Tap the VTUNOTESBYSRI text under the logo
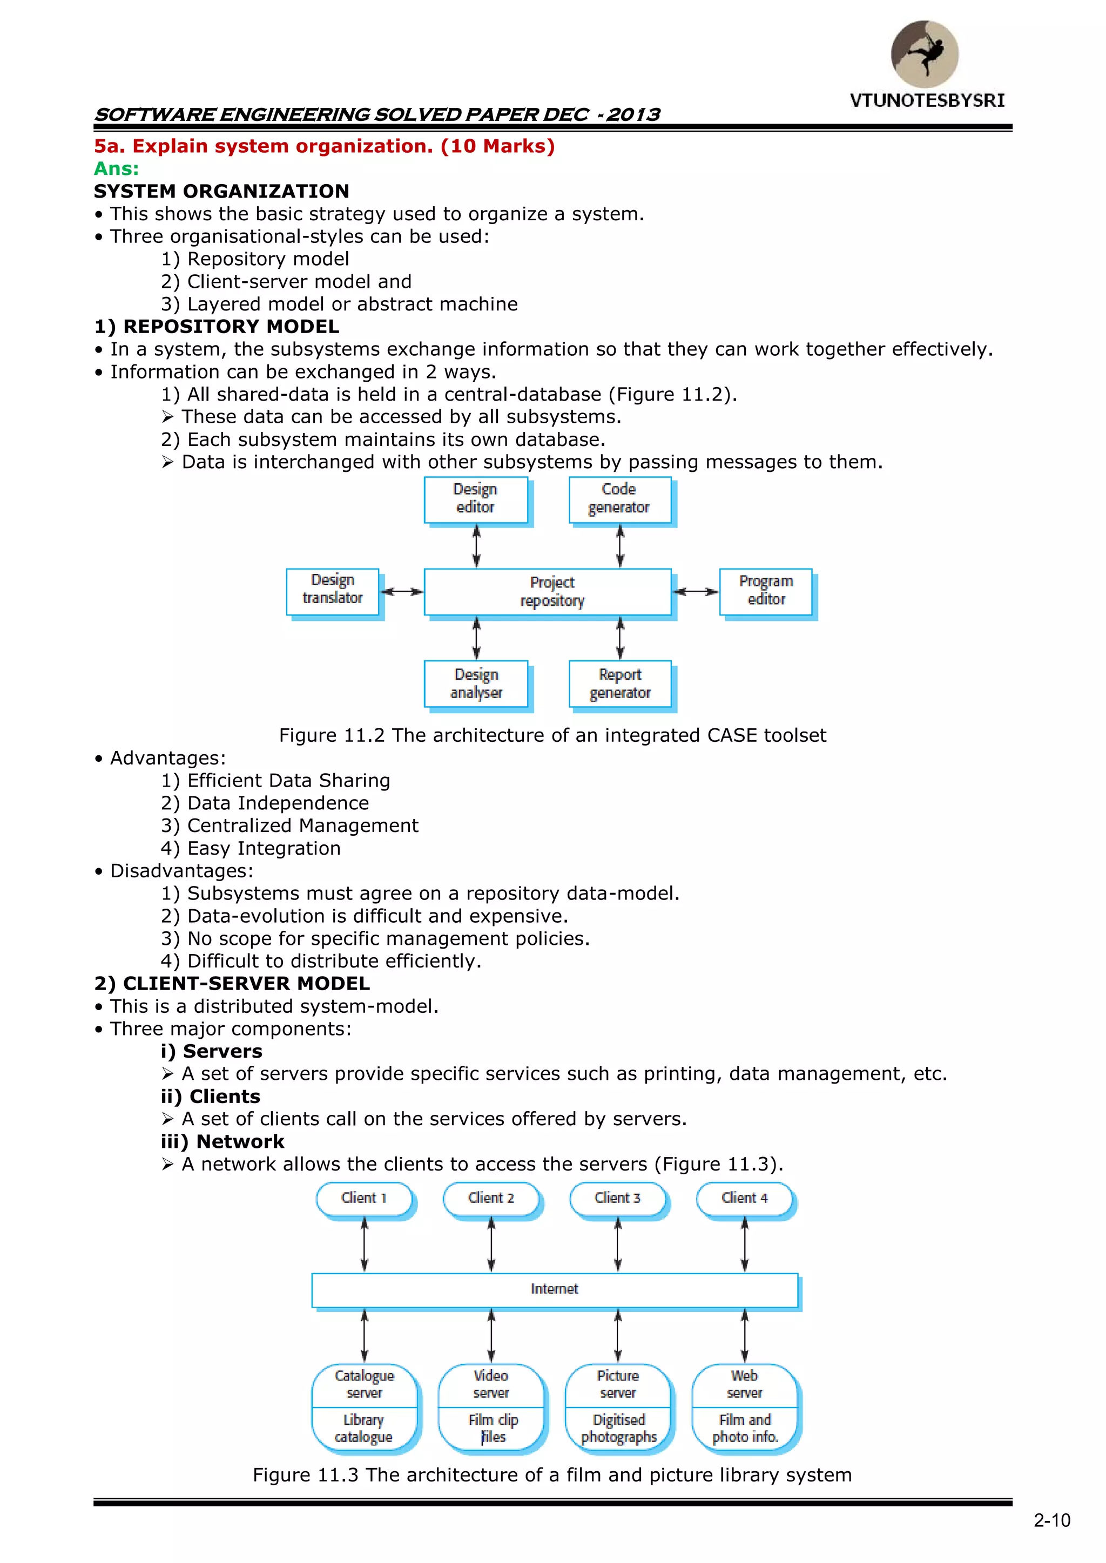tap(927, 101)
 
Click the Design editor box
tap(475, 499)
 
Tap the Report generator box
tap(620, 684)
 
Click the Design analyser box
tap(475, 684)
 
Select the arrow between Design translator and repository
tap(402, 592)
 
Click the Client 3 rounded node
tap(617, 1199)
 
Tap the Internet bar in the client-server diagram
tap(555, 1289)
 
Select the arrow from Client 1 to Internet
tap(365, 1244)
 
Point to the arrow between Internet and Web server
tap(744, 1336)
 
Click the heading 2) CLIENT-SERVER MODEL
tap(232, 984)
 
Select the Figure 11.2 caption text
tap(552, 736)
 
